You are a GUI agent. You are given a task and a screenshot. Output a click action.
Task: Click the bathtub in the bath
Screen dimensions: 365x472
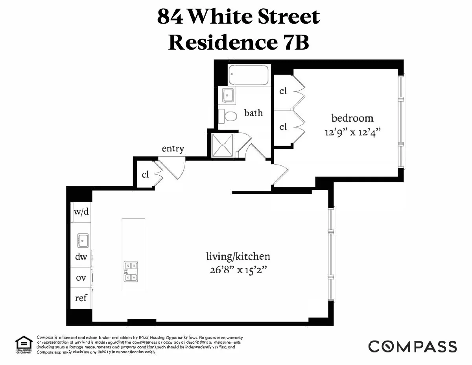249,75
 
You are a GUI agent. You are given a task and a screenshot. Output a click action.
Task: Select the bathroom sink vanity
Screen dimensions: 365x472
227,95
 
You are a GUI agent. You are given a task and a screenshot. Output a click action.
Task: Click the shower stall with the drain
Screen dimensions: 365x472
223,145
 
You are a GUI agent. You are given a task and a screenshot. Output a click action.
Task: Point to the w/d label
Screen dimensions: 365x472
81,211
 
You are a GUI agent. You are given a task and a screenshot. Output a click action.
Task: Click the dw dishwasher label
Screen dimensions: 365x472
81,257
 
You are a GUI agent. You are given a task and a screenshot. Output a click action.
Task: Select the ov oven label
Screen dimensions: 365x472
81,278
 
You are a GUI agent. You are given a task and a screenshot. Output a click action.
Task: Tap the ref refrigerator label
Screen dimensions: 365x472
81,298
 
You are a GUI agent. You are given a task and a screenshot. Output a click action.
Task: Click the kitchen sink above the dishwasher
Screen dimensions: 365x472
83,239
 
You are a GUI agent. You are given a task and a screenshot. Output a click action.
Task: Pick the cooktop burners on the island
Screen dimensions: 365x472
131,272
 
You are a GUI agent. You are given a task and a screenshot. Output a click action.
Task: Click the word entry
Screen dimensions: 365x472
173,149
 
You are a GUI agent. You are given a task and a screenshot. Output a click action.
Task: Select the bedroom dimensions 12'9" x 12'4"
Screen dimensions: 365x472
353,132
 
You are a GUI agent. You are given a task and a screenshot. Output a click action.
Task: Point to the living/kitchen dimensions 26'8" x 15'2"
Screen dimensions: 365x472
238,271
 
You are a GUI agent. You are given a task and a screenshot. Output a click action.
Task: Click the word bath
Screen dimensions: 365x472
253,113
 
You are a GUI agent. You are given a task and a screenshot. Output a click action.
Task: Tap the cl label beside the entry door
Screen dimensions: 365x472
146,174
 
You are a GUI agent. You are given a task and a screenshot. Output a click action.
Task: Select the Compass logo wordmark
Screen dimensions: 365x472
412,346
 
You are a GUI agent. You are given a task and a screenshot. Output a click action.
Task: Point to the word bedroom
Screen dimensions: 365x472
352,118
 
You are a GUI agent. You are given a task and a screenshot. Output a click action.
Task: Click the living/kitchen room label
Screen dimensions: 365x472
238,257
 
